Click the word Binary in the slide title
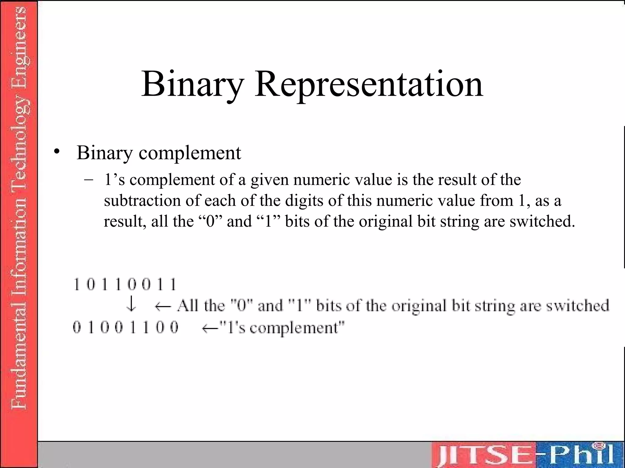tap(192, 84)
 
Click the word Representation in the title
tap(369, 84)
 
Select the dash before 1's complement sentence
tap(89, 180)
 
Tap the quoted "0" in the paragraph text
tap(211, 221)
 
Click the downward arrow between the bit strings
tap(131, 305)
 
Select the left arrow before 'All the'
tap(163, 306)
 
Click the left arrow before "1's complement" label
tap(210, 328)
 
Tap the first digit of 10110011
tap(77, 285)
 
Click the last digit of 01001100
tap(174, 328)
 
